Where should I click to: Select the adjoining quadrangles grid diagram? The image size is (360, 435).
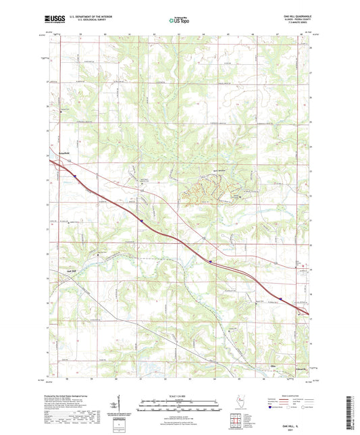[x=238, y=421]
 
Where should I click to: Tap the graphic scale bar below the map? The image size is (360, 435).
[x=179, y=407]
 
